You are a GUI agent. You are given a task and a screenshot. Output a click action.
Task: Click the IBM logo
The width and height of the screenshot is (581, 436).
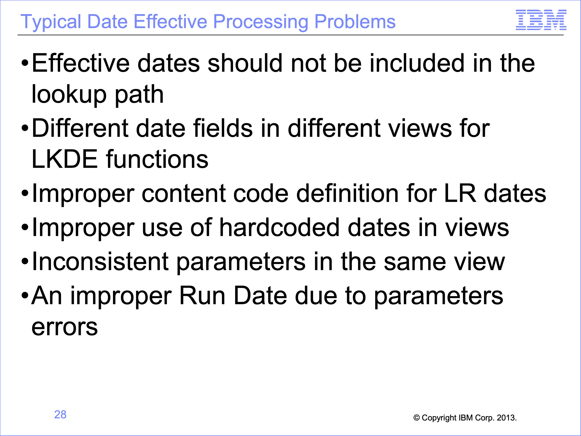(x=541, y=20)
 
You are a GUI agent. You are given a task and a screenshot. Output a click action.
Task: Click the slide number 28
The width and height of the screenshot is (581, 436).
(x=60, y=414)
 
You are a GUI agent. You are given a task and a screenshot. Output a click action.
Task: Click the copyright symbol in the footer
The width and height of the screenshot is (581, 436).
(x=416, y=418)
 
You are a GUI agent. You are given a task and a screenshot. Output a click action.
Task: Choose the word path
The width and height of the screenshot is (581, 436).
(x=139, y=94)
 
